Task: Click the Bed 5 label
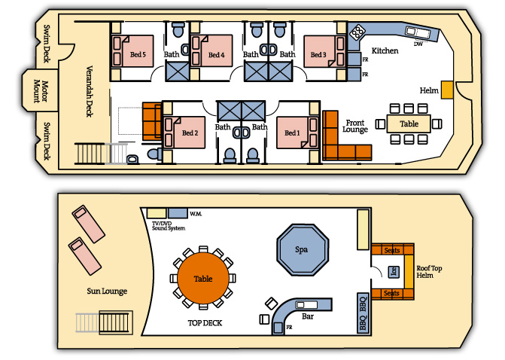click(x=138, y=54)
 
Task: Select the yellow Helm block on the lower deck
click(x=447, y=90)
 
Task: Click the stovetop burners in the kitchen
click(x=357, y=32)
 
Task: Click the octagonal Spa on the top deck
click(x=303, y=250)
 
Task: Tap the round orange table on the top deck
click(x=203, y=278)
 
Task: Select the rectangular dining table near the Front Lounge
click(x=409, y=124)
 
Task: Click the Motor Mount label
click(x=41, y=91)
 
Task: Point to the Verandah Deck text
click(x=90, y=91)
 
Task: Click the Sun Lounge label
click(x=107, y=291)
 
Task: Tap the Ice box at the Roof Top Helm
click(x=394, y=272)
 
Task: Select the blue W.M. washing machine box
click(x=178, y=213)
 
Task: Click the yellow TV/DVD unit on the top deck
click(x=157, y=213)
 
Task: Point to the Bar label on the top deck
click(x=308, y=316)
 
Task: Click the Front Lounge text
click(x=355, y=126)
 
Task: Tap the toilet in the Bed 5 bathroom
click(x=177, y=29)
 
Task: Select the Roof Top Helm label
click(x=429, y=272)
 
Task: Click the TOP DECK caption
click(x=205, y=323)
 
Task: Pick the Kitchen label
click(x=385, y=50)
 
